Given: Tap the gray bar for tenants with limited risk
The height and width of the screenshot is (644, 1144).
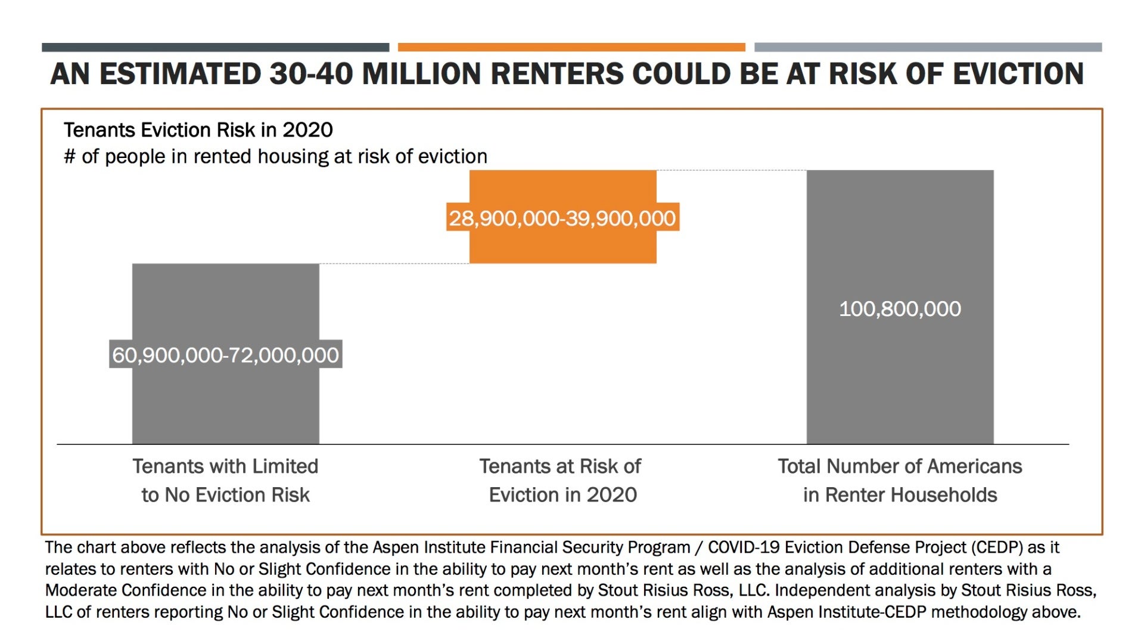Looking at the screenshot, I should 225,405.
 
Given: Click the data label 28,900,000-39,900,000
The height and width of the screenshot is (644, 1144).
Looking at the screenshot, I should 562,218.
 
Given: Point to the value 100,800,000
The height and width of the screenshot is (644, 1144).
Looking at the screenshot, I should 900,309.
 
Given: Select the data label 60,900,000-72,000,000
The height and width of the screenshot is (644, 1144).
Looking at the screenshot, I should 225,355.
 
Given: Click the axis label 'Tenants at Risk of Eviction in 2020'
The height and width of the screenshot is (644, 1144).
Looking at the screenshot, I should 561,480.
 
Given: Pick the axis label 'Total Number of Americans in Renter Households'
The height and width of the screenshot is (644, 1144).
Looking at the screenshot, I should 900,480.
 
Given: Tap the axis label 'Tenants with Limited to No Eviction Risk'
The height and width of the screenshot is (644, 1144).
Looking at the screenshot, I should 225,480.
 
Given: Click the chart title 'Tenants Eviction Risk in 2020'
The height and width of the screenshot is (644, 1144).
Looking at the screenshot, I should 198,130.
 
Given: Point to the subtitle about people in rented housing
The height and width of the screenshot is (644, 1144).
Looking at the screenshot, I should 275,156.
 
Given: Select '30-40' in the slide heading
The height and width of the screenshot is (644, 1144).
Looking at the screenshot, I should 310,74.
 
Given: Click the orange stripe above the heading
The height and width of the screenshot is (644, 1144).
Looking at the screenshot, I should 571,47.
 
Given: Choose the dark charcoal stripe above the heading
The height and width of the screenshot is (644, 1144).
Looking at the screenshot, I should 215,47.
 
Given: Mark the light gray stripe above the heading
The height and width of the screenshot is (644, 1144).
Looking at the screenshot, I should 928,47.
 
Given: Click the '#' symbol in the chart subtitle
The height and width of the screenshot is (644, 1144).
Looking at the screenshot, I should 70,157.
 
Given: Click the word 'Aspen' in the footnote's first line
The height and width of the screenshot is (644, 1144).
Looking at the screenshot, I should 396,547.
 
